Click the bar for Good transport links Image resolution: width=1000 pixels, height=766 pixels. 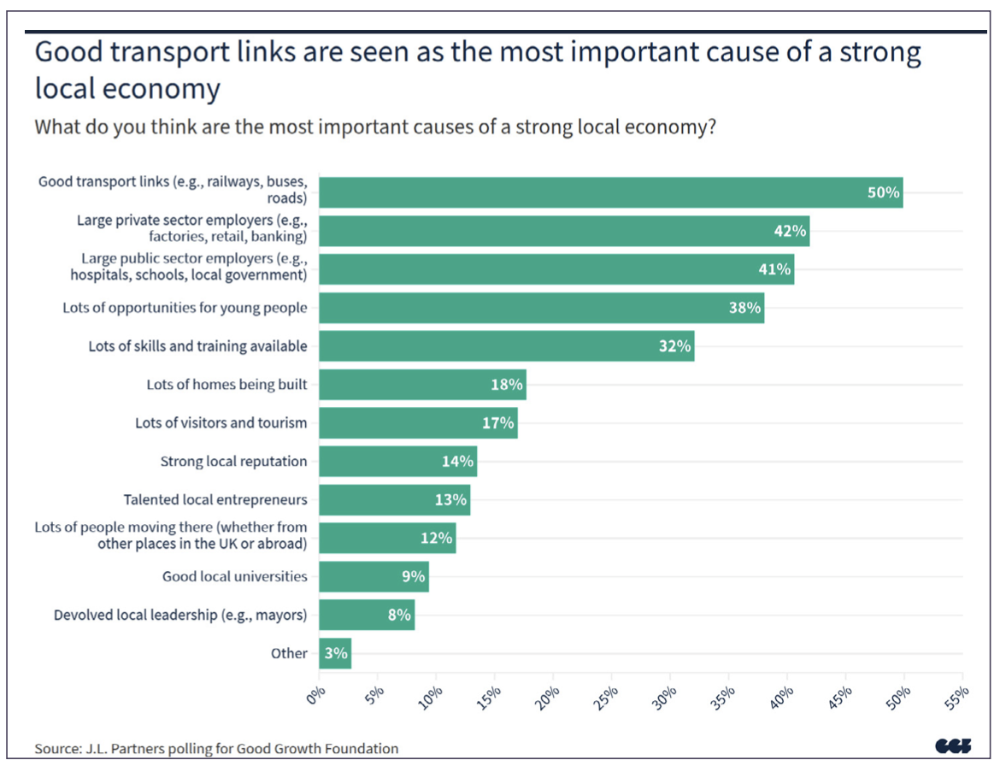[598, 192]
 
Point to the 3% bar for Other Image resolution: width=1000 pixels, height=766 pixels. [335, 653]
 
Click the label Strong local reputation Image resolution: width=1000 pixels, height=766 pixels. [233, 462]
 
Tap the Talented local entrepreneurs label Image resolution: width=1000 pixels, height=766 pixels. [215, 499]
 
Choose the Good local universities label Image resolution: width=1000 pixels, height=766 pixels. [234, 576]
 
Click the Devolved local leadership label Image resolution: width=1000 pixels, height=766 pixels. [180, 615]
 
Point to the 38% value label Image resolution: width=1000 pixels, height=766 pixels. [744, 308]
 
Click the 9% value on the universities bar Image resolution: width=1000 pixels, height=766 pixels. [413, 576]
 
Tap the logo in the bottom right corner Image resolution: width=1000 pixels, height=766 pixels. [954, 746]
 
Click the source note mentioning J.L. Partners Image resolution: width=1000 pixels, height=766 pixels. [216, 749]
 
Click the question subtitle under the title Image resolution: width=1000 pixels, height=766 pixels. [374, 127]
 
